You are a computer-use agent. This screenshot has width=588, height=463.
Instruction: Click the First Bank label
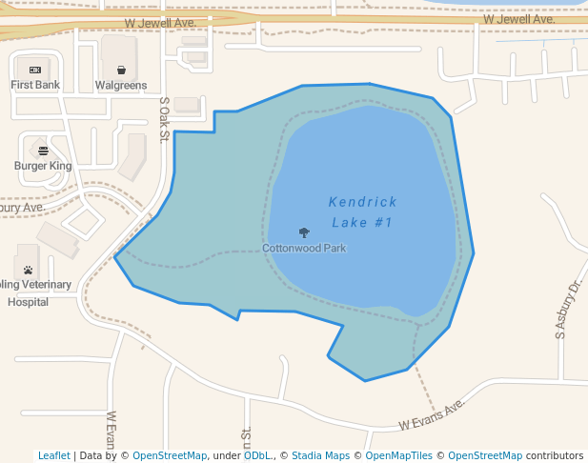(x=35, y=85)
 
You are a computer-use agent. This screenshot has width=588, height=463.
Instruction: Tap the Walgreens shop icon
(x=121, y=70)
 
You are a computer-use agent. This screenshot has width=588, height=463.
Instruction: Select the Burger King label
(x=43, y=166)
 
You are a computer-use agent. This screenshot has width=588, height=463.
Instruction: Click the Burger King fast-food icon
(x=43, y=151)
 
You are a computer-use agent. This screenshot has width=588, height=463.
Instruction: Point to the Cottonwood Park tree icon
(x=304, y=232)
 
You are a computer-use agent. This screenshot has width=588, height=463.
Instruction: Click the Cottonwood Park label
(x=304, y=249)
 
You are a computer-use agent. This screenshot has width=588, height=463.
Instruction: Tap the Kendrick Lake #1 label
(x=362, y=211)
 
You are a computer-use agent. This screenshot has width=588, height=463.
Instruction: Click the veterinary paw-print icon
(x=29, y=270)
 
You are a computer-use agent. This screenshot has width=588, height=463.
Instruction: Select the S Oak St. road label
(x=164, y=120)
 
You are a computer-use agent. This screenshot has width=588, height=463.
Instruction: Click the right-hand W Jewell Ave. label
(x=518, y=19)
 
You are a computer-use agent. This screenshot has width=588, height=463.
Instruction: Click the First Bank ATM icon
(x=35, y=70)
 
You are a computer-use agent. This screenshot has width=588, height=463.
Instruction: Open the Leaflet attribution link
(x=53, y=455)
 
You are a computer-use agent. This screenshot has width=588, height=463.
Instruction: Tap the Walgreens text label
(x=121, y=85)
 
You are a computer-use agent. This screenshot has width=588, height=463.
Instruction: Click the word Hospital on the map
(x=28, y=301)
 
